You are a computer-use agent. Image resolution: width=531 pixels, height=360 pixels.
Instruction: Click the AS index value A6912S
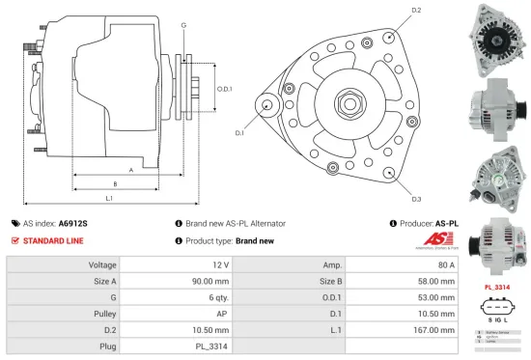point(73,222)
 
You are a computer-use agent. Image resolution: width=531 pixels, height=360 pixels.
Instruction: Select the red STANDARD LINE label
point(54,240)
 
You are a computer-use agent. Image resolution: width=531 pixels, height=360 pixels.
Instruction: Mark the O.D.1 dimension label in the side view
point(224,89)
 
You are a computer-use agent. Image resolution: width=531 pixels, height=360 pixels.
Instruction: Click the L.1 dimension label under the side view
point(109,198)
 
